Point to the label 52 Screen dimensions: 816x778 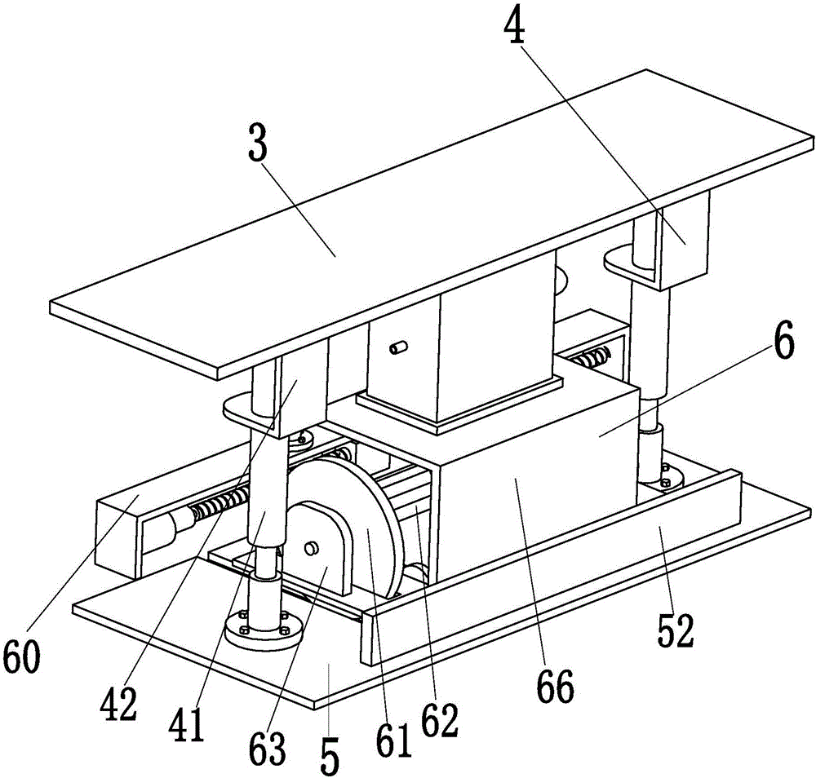(676, 630)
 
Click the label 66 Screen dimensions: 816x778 (555, 686)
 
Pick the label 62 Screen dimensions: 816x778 (439, 720)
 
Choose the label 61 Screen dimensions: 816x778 (393, 740)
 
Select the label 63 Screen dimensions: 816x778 (267, 747)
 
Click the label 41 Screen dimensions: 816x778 (188, 724)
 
